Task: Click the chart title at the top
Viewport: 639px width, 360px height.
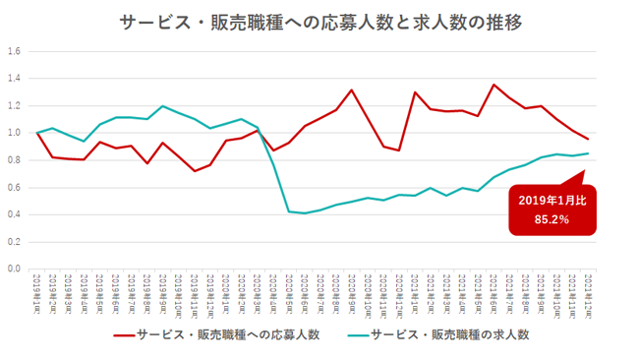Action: [320, 21]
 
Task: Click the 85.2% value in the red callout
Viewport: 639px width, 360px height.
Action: [552, 218]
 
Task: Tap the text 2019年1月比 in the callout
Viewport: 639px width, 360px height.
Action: [552, 200]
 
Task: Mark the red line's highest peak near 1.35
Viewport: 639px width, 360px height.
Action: [494, 85]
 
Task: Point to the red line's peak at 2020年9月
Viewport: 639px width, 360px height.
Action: [352, 90]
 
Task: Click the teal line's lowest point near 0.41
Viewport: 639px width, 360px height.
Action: [305, 213]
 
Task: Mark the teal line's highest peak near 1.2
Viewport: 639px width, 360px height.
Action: [163, 106]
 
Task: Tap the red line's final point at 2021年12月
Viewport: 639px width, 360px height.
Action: [588, 139]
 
